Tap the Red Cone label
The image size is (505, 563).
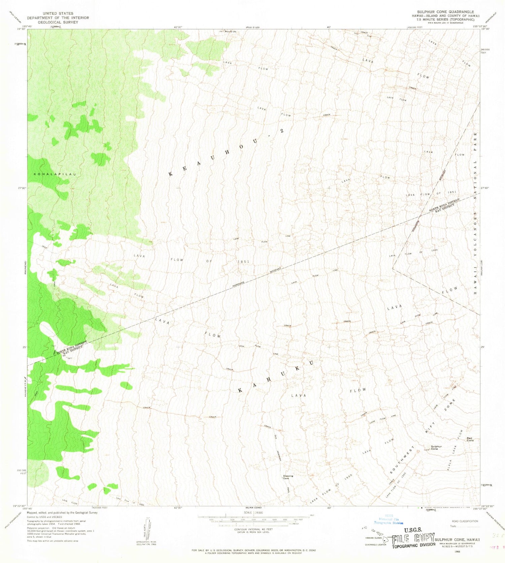click(470, 439)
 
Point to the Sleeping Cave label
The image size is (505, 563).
click(288, 477)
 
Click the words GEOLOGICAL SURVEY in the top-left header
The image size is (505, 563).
click(58, 22)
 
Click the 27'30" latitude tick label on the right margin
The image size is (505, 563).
click(485, 188)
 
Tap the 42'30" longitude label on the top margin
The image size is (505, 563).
click(178, 27)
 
